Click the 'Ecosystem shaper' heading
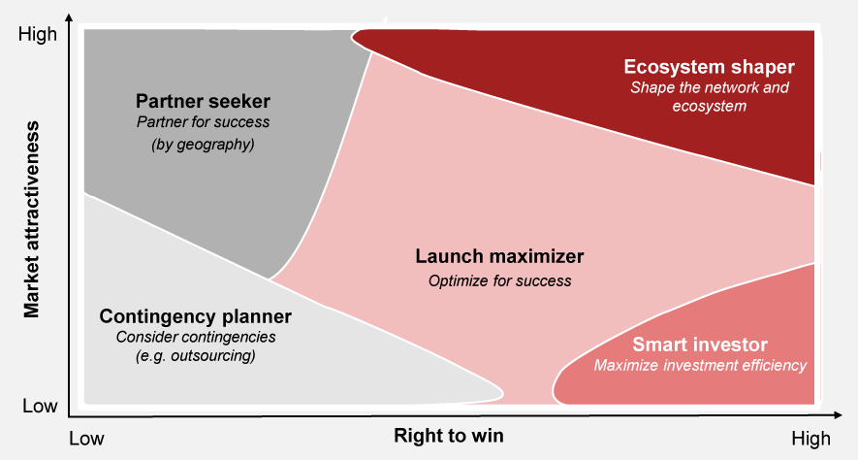click(709, 67)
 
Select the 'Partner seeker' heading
click(203, 101)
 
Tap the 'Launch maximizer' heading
click(499, 256)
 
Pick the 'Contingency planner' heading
click(195, 316)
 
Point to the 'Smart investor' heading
click(700, 345)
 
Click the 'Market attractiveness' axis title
click(32, 219)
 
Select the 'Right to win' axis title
click(449, 436)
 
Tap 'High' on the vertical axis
click(38, 34)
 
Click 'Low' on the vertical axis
click(40, 406)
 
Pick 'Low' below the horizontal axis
click(86, 439)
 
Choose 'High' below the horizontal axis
click(810, 439)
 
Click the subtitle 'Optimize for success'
click(499, 281)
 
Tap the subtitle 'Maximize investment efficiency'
click(700, 365)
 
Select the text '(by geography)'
click(203, 145)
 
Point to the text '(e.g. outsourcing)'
click(195, 356)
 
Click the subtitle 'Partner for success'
click(203, 122)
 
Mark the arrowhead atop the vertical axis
click(69, 17)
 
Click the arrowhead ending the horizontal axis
click(838, 415)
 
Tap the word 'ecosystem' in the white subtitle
click(709, 106)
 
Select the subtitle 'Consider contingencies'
click(195, 337)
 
